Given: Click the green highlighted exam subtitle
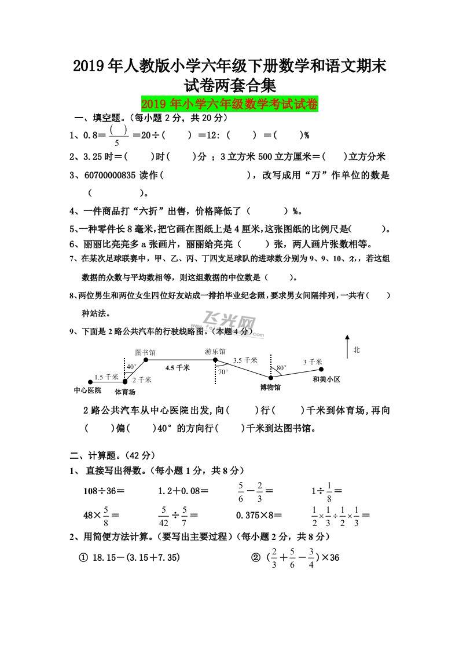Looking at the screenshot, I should pyautogui.click(x=229, y=104).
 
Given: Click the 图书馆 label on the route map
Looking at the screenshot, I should pyautogui.click(x=145, y=352).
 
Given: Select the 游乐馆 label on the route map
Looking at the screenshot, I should pyautogui.click(x=215, y=352).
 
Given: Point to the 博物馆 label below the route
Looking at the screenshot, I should pyautogui.click(x=270, y=387).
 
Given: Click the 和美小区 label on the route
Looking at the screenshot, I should pyautogui.click(x=326, y=379).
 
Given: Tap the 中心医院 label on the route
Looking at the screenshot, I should pyautogui.click(x=87, y=390).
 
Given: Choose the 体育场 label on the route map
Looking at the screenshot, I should pyautogui.click(x=124, y=392).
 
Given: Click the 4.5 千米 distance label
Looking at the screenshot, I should pyautogui.click(x=178, y=367).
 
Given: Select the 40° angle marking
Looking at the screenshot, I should pyautogui.click(x=131, y=367).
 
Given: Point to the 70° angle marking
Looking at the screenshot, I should pyautogui.click(x=223, y=372).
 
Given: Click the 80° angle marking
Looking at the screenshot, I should pyautogui.click(x=281, y=367).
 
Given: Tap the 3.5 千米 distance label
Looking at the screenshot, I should pyautogui.click(x=245, y=360).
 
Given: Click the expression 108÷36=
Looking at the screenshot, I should pyautogui.click(x=104, y=491).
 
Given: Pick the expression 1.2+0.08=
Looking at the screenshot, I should pyautogui.click(x=183, y=491).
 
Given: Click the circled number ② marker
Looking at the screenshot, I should pyautogui.click(x=255, y=558).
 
